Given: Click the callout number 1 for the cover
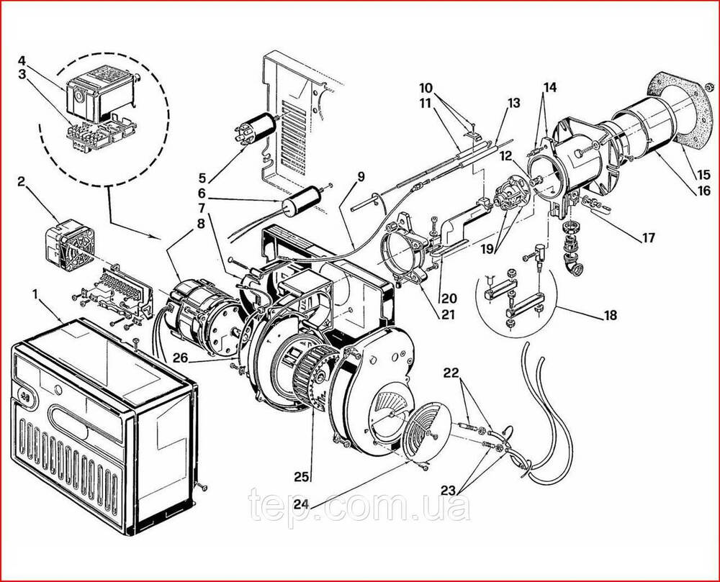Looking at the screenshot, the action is tap(36, 294).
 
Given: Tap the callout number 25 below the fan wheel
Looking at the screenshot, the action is tap(302, 478).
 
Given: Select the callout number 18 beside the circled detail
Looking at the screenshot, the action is tap(610, 316).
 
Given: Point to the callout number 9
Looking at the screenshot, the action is tap(361, 176).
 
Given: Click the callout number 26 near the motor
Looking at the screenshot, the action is tap(181, 358).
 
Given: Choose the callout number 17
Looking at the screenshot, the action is tap(648, 238).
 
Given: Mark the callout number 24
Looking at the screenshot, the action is tap(302, 504).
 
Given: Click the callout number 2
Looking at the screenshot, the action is tap(21, 181).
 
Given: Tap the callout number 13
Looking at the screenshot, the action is tap(513, 103).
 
